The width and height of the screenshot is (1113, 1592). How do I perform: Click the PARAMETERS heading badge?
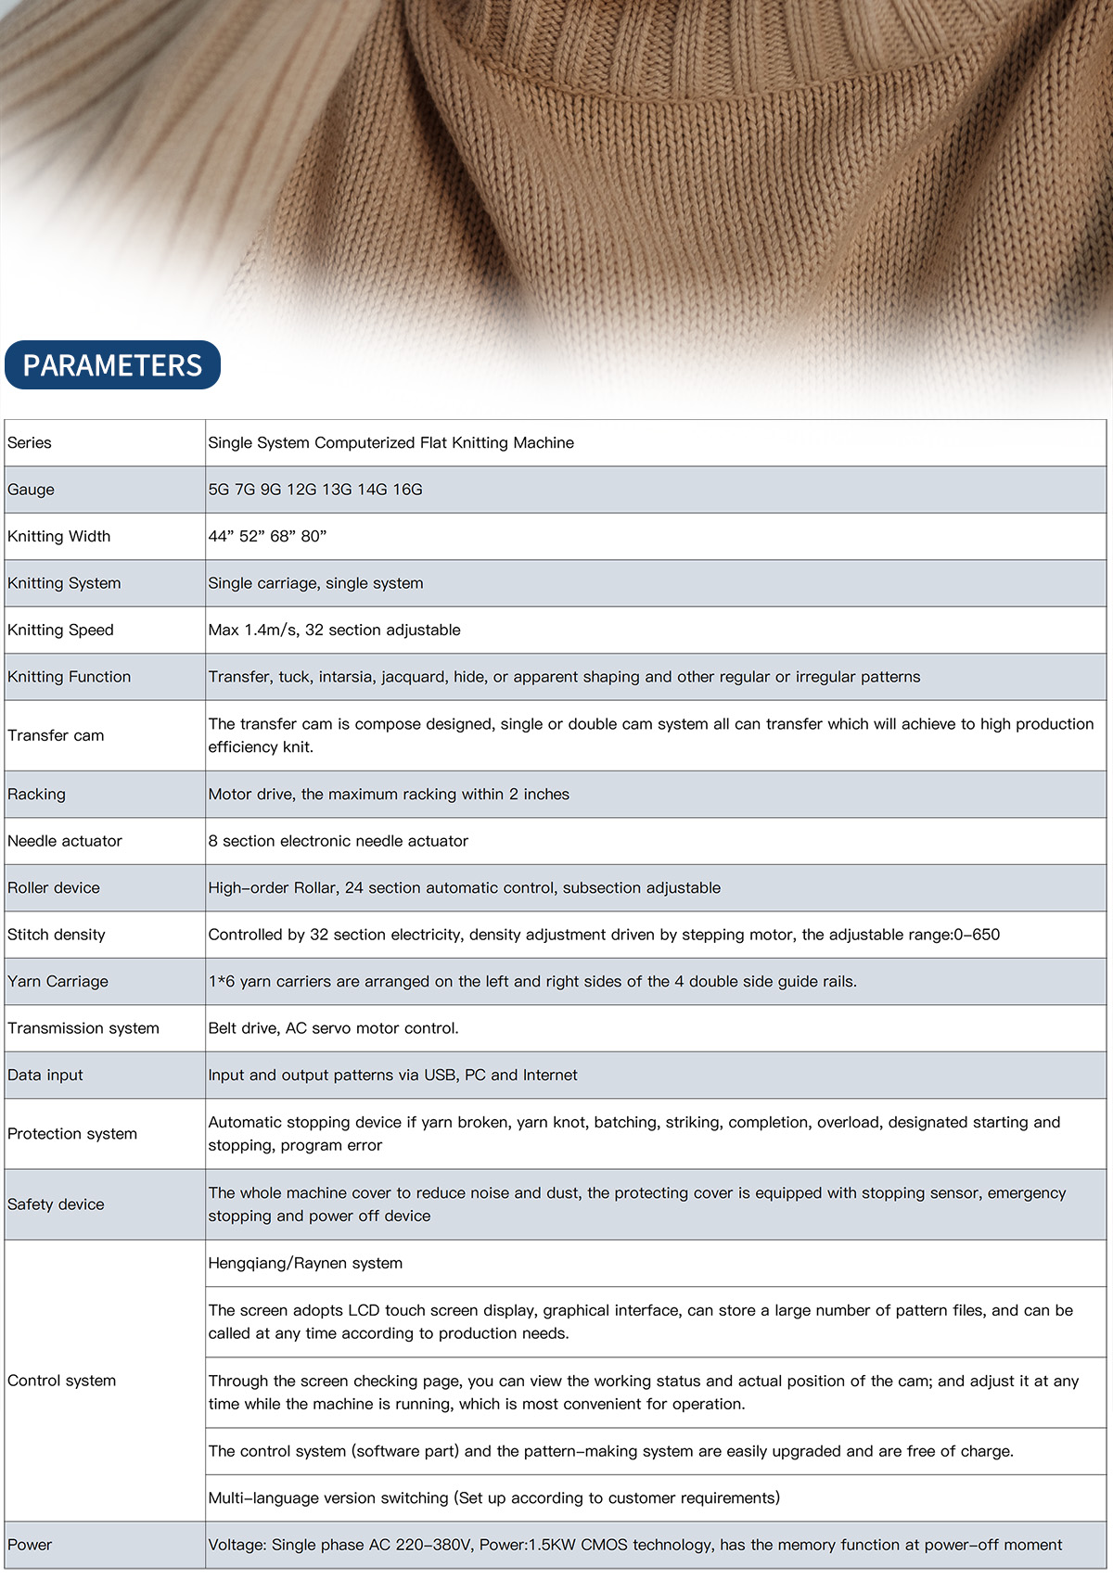tap(112, 365)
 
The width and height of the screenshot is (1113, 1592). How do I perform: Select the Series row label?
tap(30, 443)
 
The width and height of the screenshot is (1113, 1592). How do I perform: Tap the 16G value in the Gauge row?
tap(407, 490)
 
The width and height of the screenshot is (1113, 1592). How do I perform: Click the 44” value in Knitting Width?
tap(221, 537)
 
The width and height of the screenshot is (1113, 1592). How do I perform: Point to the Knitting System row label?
tap(64, 583)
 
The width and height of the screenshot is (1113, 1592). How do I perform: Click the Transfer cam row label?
tap(56, 735)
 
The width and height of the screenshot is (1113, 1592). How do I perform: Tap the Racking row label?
tap(36, 795)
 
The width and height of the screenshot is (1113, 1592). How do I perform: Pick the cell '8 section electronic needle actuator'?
tap(338, 841)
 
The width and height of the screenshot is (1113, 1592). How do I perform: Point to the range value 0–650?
tap(977, 935)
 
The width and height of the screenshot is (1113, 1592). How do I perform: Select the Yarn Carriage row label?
tap(58, 982)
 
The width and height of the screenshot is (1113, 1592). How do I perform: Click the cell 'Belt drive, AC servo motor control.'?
tap(333, 1028)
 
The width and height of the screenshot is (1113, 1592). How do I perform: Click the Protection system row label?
tap(72, 1134)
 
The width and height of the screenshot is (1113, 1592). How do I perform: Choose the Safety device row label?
tap(56, 1204)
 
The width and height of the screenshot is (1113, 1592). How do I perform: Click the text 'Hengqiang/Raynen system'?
tap(305, 1264)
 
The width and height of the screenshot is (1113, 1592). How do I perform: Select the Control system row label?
tap(61, 1381)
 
